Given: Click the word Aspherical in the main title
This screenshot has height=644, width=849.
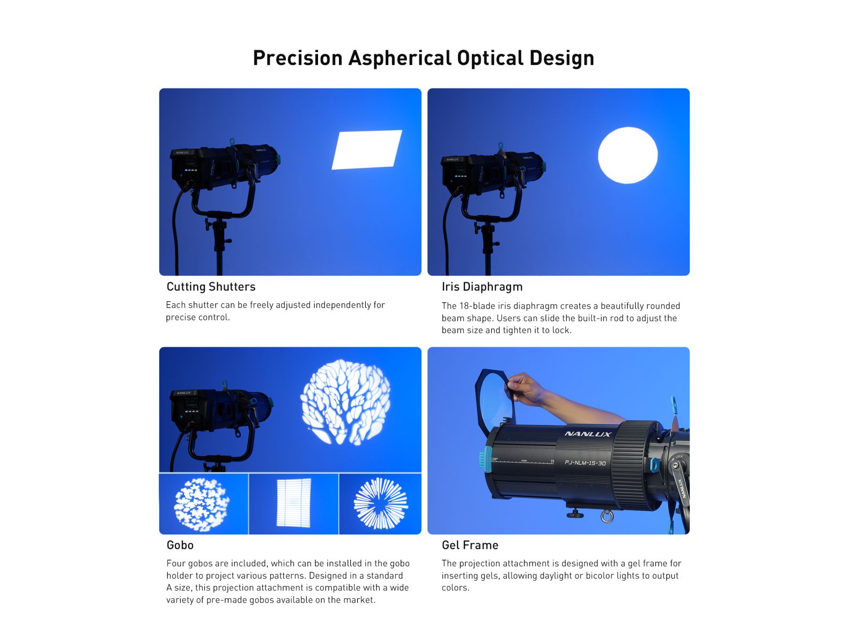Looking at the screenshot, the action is tap(400, 58).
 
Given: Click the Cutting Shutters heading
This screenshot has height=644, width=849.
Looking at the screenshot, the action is tap(211, 287).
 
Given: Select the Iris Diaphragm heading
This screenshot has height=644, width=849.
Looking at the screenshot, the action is tap(482, 287).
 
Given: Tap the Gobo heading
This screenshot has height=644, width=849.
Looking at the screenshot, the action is tap(180, 545).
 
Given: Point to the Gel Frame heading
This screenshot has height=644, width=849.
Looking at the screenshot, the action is tap(470, 545).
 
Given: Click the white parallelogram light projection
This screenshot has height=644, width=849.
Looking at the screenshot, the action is tap(367, 149).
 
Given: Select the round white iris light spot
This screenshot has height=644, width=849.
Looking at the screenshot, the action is tap(627, 155).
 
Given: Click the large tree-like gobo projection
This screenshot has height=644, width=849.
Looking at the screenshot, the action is tap(345, 402).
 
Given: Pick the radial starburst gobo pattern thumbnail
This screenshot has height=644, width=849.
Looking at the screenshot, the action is tap(381, 503).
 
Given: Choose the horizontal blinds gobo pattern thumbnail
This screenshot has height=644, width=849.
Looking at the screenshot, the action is tap(293, 503).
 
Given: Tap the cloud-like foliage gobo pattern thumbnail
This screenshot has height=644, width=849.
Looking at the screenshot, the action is tap(201, 504).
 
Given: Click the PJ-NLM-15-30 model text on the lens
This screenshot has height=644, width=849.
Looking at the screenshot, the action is tap(585, 463).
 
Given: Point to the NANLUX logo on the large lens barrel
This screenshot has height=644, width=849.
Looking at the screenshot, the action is tap(588, 434).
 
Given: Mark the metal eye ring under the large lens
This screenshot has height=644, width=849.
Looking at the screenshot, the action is tap(606, 516).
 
